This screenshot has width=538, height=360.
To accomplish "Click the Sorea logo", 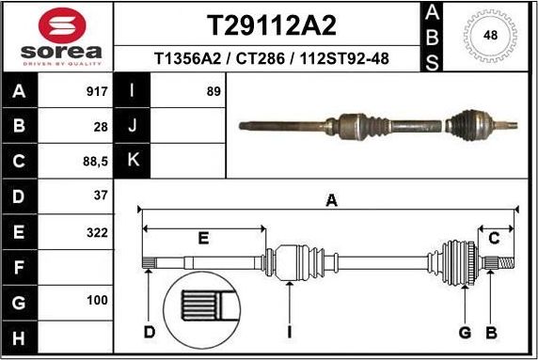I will point(56,37).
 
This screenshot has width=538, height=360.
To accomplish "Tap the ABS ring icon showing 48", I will point(490,37).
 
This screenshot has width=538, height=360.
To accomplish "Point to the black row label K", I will point(133,161).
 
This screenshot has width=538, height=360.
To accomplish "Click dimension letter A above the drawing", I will point(331,198).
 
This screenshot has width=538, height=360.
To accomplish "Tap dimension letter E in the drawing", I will point(203,239).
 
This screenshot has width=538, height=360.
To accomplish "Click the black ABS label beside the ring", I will point(431,37).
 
